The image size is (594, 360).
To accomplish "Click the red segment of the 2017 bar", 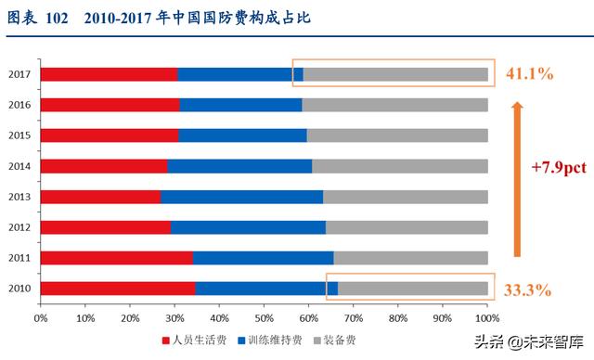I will [x=109, y=74].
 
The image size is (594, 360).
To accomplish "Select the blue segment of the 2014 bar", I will [x=239, y=166].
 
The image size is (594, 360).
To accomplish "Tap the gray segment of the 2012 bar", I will [x=407, y=227].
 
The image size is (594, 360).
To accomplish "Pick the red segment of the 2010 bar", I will [x=118, y=289].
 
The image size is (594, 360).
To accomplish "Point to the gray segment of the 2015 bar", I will [x=397, y=135].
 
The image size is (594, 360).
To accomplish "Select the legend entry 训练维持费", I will [x=272, y=341].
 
